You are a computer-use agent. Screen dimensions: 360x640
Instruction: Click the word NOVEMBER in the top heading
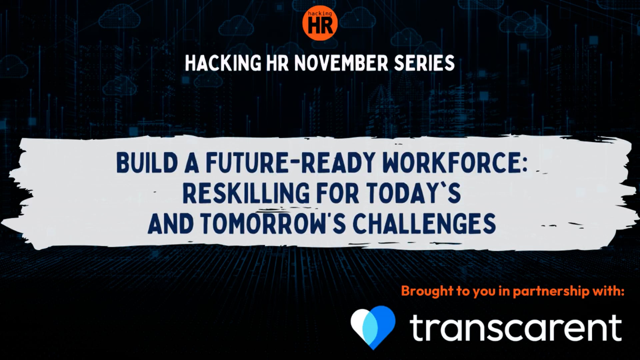(341, 63)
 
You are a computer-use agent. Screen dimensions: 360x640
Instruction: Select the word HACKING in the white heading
(223, 63)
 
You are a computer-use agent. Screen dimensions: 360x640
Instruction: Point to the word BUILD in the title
(147, 163)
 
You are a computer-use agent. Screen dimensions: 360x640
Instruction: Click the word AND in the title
(170, 223)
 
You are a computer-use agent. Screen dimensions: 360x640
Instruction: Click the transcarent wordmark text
(515, 328)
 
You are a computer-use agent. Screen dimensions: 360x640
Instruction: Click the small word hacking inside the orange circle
(320, 14)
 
